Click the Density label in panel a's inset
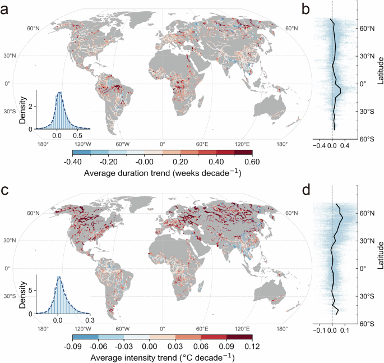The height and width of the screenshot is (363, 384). click(24, 112)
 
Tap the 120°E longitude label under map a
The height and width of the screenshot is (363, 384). click(242, 144)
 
